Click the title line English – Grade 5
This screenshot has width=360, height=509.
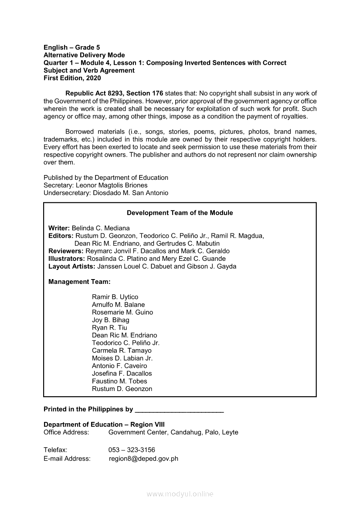72,47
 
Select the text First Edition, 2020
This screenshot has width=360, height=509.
72,78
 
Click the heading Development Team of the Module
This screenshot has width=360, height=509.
180,213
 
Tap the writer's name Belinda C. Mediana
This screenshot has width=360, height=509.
101,228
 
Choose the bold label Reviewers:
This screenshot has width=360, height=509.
66,251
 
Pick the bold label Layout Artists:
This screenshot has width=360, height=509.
71,266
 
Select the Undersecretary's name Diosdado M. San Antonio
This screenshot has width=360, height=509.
131,193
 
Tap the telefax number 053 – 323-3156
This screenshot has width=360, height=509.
132,450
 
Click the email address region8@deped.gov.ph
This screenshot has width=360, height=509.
143,458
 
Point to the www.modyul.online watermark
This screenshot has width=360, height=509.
180,494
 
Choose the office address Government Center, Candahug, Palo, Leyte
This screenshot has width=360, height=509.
173,432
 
